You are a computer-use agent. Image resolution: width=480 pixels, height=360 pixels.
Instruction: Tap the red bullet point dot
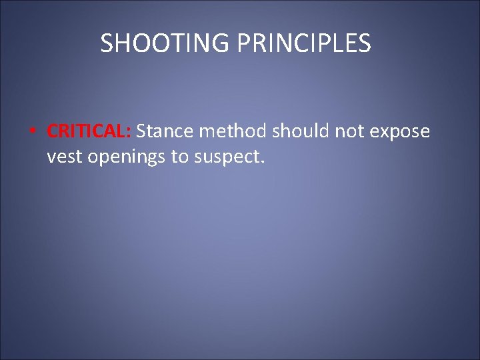(32, 132)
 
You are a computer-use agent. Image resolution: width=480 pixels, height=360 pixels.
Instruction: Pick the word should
(301, 131)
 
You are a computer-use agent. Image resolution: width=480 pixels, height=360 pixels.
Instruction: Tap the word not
(349, 131)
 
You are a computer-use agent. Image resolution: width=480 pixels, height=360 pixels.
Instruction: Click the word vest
(63, 157)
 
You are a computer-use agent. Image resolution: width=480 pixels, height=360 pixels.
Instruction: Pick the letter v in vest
(51, 159)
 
